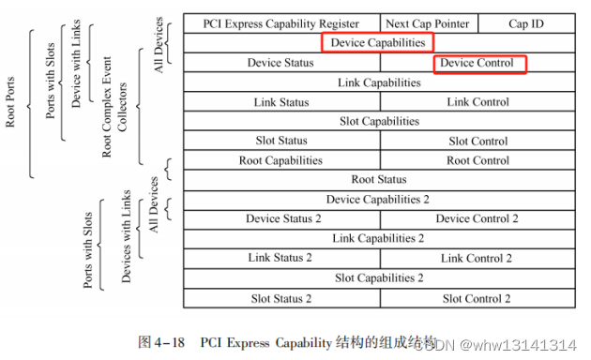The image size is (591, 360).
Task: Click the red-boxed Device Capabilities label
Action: point(379,42)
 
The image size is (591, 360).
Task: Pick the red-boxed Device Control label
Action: point(479,63)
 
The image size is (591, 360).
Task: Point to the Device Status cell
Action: point(281,63)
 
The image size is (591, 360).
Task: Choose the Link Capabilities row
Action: point(379,82)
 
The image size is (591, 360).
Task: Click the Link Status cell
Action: point(281,101)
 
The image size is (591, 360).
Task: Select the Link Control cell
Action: point(478,101)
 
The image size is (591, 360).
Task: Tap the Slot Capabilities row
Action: point(379,121)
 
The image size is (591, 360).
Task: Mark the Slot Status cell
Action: point(281,141)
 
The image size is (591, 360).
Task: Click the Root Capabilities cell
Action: point(281,160)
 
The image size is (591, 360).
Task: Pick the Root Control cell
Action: point(478,160)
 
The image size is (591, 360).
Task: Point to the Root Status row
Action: point(379,179)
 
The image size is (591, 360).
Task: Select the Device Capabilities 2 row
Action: point(379,199)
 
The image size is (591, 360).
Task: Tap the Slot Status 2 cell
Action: point(281,298)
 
